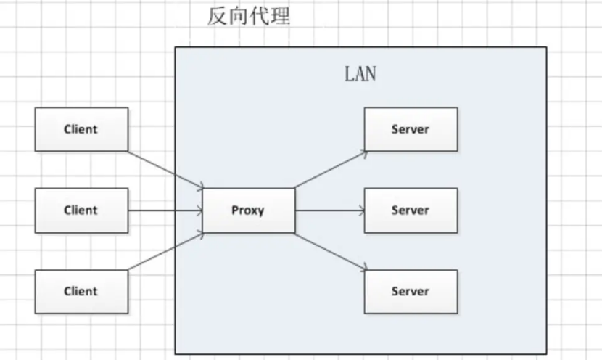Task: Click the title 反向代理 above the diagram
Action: [x=248, y=16]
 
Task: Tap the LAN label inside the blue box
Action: [x=360, y=74]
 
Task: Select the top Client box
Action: [x=81, y=129]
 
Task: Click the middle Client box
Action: [x=81, y=210]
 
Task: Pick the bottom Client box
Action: [x=81, y=292]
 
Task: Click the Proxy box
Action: [x=248, y=210]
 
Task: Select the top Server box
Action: [x=411, y=129]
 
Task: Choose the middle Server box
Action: [x=411, y=210]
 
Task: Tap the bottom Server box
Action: [x=411, y=292]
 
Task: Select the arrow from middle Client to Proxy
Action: [x=165, y=210]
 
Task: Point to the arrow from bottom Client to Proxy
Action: [x=165, y=251]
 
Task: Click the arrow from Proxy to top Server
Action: [x=330, y=169]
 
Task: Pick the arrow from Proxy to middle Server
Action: [x=330, y=210]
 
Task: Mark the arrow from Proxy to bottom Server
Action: [x=330, y=251]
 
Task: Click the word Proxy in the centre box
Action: [x=248, y=210]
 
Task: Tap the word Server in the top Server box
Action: [x=411, y=129]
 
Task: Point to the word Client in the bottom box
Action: [x=81, y=292]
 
